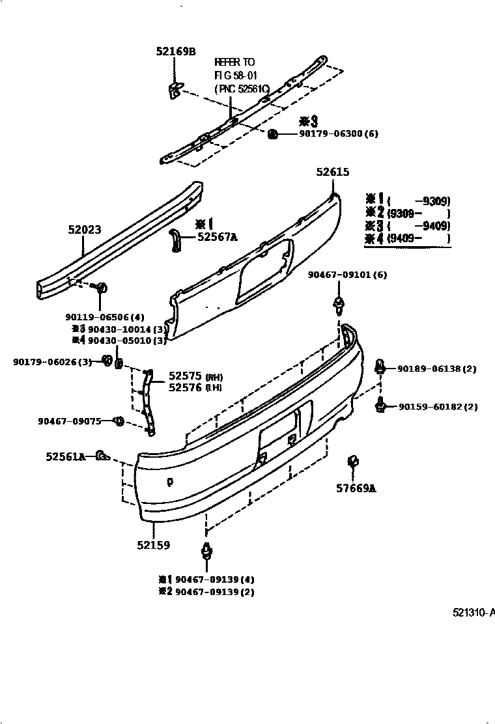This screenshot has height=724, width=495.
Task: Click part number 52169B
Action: click(175, 51)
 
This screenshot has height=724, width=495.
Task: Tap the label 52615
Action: click(333, 173)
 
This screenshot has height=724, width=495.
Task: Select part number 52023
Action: click(85, 229)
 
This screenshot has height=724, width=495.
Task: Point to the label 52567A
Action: click(217, 237)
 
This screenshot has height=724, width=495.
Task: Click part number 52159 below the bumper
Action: click(153, 545)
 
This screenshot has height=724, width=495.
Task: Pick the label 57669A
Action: click(356, 488)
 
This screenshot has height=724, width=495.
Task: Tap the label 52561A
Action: click(66, 457)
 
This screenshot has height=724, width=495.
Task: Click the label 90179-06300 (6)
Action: click(338, 134)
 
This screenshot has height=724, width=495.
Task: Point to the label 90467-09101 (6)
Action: click(347, 275)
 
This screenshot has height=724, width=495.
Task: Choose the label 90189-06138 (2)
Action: click(437, 369)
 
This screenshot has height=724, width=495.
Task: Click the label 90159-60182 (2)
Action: click(438, 407)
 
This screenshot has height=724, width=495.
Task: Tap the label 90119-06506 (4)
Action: click(104, 317)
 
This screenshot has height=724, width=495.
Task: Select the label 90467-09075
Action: click(70, 421)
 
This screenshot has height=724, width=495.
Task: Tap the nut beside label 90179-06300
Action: click(273, 134)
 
